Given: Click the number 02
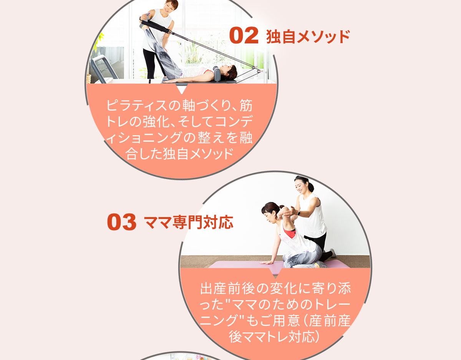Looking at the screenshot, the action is pyautogui.click(x=244, y=35).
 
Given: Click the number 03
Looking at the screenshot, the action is pyautogui.click(x=121, y=222).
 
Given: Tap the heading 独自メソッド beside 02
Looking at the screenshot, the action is pyautogui.click(x=308, y=37).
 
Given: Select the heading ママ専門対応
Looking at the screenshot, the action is pyautogui.click(x=189, y=222).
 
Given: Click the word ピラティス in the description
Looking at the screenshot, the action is pyautogui.click(x=137, y=105).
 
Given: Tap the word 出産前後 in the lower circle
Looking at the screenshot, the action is pyautogui.click(x=227, y=289).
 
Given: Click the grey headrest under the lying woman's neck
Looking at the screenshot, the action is pyautogui.click(x=217, y=74).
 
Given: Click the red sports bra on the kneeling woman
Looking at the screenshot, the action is pyautogui.click(x=289, y=233).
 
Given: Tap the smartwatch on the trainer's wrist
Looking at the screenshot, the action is pyautogui.click(x=298, y=213).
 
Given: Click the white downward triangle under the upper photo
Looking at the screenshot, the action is pyautogui.click(x=182, y=89).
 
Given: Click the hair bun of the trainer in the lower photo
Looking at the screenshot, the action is pyautogui.click(x=311, y=187).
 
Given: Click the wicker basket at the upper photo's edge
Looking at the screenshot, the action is pyautogui.click(x=88, y=78).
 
